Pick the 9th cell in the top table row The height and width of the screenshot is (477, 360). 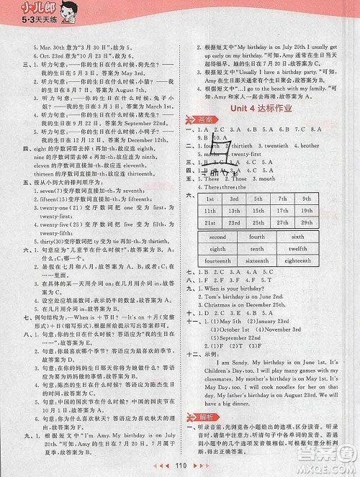pyautogui.click(x=305, y=198)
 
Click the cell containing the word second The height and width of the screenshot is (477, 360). pyautogui.click(x=217, y=236)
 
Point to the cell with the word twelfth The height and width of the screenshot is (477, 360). pyautogui.click(x=298, y=249)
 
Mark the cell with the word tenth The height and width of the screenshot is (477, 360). pyautogui.click(x=258, y=249)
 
